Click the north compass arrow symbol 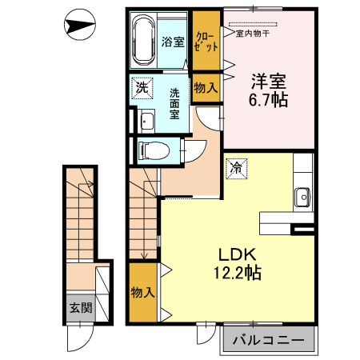(x=80, y=25)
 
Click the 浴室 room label (x=173, y=42)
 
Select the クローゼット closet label (x=206, y=42)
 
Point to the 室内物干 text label (x=253, y=34)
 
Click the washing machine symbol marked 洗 (x=142, y=88)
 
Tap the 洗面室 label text (x=174, y=104)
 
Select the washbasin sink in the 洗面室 (x=147, y=122)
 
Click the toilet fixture (x=154, y=150)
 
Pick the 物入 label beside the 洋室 (x=206, y=87)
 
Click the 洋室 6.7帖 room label (x=268, y=90)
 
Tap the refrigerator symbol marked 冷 (x=237, y=169)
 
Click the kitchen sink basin (x=302, y=198)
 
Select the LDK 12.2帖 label (x=238, y=263)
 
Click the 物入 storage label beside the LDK (x=142, y=293)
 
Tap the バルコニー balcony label (x=269, y=340)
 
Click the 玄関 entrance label (x=81, y=308)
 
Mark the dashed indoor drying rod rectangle (x=253, y=25)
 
